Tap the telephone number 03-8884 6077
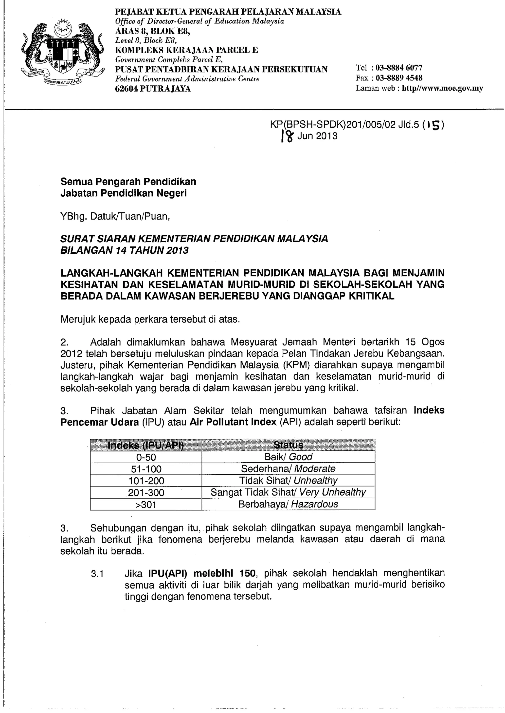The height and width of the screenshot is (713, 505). click(399, 68)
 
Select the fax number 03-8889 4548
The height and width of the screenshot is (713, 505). click(399, 78)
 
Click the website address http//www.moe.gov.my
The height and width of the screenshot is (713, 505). click(442, 88)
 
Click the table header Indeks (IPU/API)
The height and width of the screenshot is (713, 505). click(145, 446)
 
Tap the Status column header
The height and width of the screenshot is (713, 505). click(288, 446)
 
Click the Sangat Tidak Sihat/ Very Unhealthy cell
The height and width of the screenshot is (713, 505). click(288, 492)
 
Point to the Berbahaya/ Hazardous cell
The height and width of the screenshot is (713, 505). click(288, 504)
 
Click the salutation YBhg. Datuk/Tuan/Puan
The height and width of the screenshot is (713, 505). click(115, 217)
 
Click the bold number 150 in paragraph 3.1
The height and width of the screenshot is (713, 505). click(248, 573)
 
